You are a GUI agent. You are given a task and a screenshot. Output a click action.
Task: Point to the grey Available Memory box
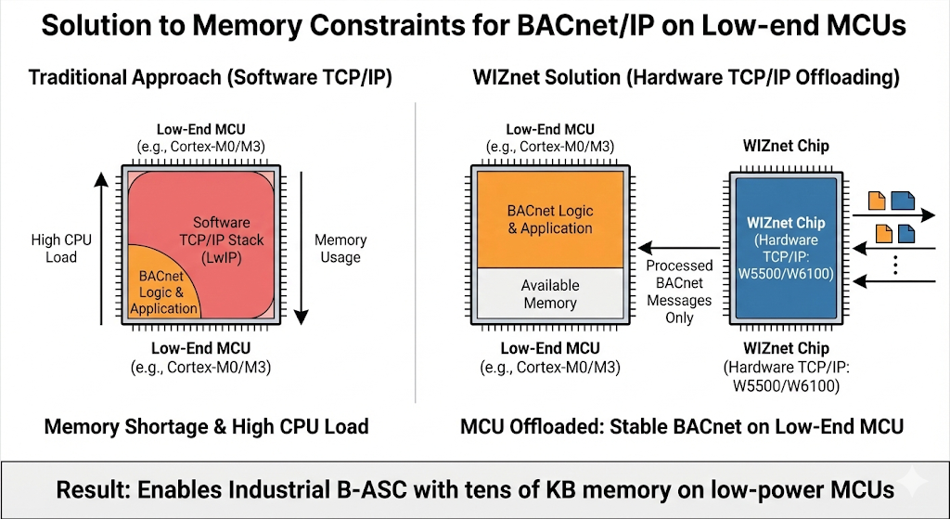point(550,294)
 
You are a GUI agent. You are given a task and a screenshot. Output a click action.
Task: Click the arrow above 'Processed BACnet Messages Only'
point(680,248)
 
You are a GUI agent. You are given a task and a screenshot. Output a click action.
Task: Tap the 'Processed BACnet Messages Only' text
point(680,292)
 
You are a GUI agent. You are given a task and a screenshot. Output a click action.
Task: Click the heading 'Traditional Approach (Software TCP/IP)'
point(211,77)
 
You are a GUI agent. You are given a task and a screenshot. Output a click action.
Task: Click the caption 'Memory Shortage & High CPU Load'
point(207,427)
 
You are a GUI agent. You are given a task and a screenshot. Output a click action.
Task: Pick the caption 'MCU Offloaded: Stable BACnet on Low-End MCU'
point(682,427)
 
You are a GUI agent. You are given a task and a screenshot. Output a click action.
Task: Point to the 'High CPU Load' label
point(61,248)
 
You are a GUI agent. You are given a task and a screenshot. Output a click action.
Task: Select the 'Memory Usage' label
point(340,248)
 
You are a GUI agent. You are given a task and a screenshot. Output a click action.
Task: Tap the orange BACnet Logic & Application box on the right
point(550,219)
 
